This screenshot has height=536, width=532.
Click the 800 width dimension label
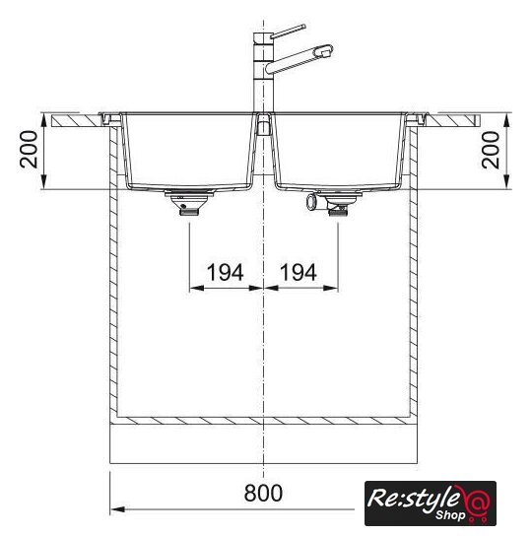point(263,493)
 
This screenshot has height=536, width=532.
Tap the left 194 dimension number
point(226,273)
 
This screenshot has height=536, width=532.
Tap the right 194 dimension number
point(299,273)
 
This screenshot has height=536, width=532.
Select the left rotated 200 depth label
point(29,150)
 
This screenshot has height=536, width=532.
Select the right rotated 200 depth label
point(491,150)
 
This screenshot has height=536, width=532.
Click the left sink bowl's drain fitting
point(189,202)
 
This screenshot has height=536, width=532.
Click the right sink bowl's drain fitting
point(339,203)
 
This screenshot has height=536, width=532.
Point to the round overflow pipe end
point(311,202)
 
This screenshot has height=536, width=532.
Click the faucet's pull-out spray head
point(323,51)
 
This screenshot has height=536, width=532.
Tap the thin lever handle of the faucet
point(288,32)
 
